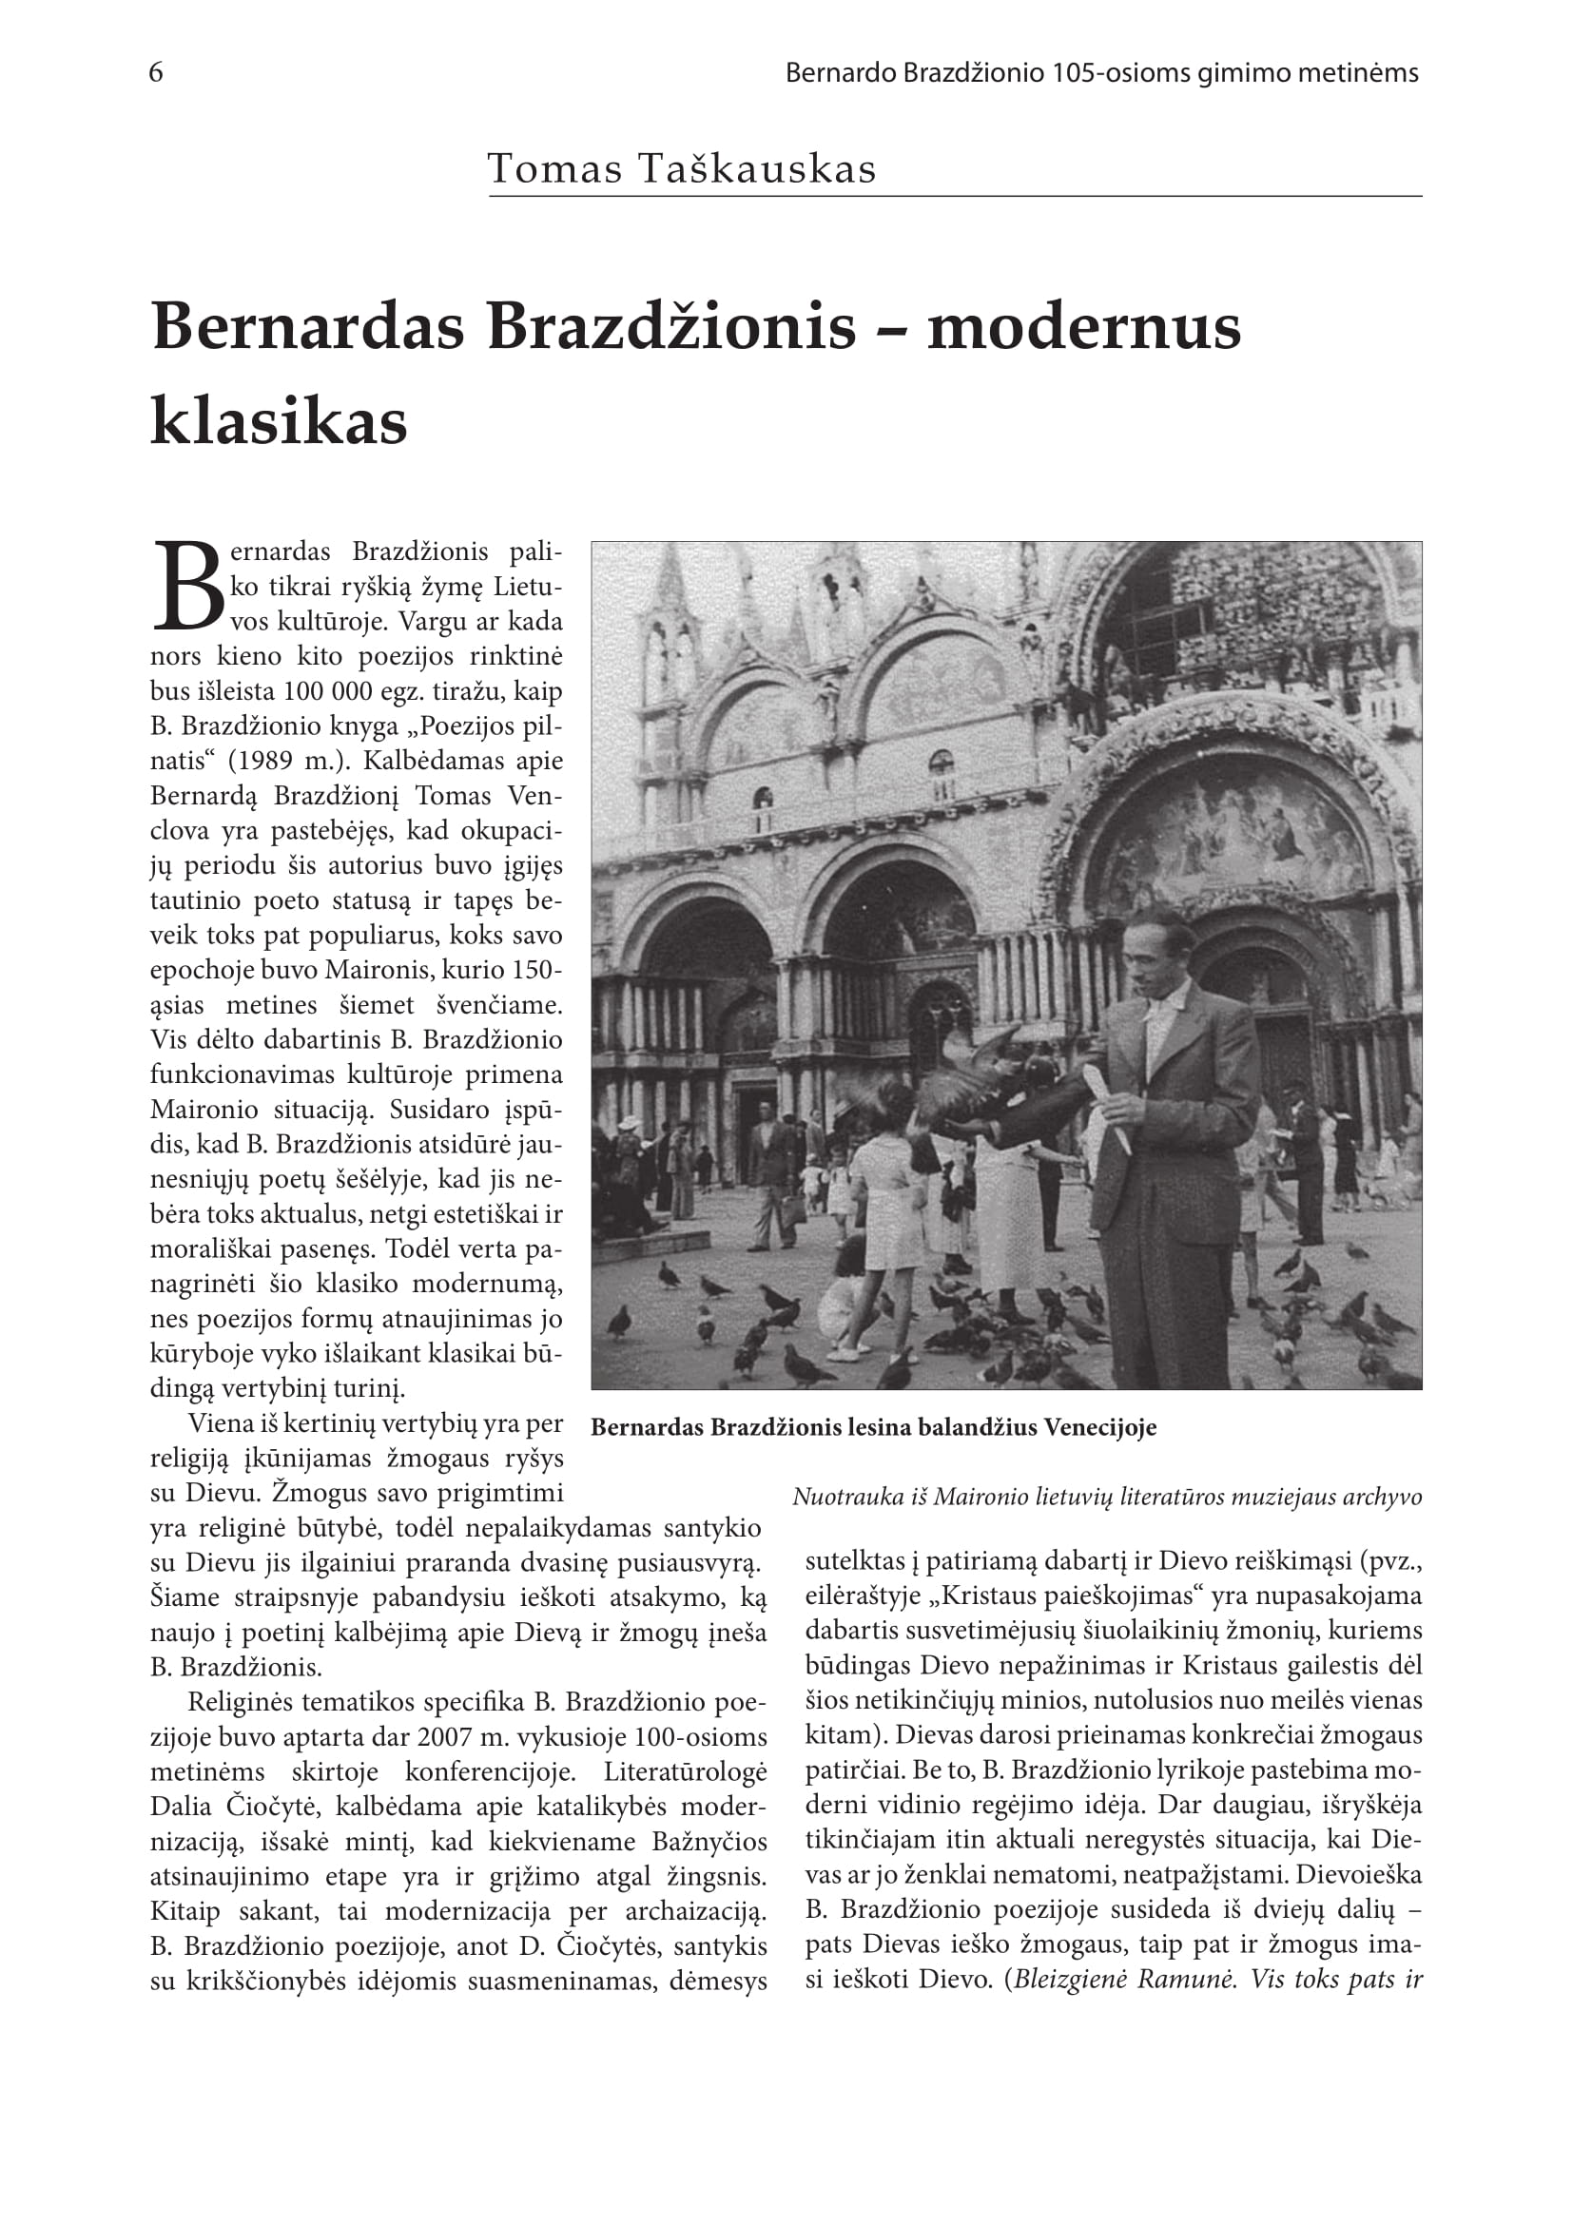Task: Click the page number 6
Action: [x=156, y=73]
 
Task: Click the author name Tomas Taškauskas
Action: [x=681, y=169]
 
